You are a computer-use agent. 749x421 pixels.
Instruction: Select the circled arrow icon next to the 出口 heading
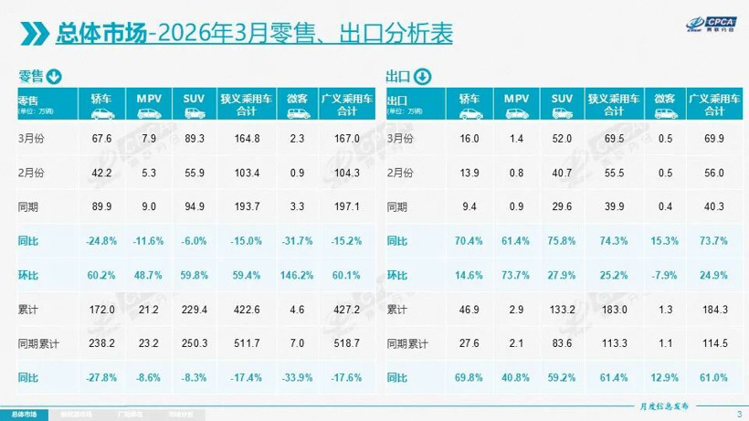pos(423,76)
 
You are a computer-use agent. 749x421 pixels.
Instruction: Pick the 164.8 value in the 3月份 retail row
pos(241,138)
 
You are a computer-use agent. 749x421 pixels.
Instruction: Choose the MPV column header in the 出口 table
pos(517,98)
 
